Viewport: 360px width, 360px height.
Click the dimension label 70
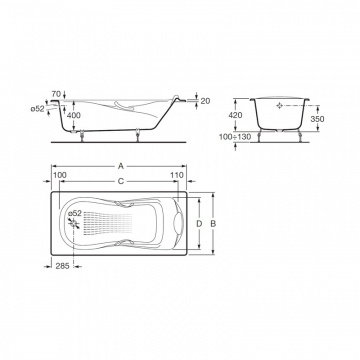[57, 94]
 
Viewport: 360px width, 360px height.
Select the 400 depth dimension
[74, 116]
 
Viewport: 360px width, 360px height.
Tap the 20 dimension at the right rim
[205, 101]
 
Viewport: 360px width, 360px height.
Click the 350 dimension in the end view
[317, 119]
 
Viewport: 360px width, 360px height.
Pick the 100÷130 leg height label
[235, 137]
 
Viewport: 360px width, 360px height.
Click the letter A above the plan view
[121, 166]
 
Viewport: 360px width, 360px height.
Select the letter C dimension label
[121, 181]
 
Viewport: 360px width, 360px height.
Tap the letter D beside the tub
[199, 224]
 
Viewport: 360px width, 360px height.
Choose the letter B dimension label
[213, 224]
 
